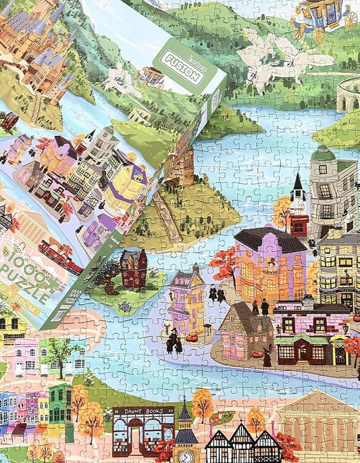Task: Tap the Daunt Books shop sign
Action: point(143,410)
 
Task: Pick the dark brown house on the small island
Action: point(134,270)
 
